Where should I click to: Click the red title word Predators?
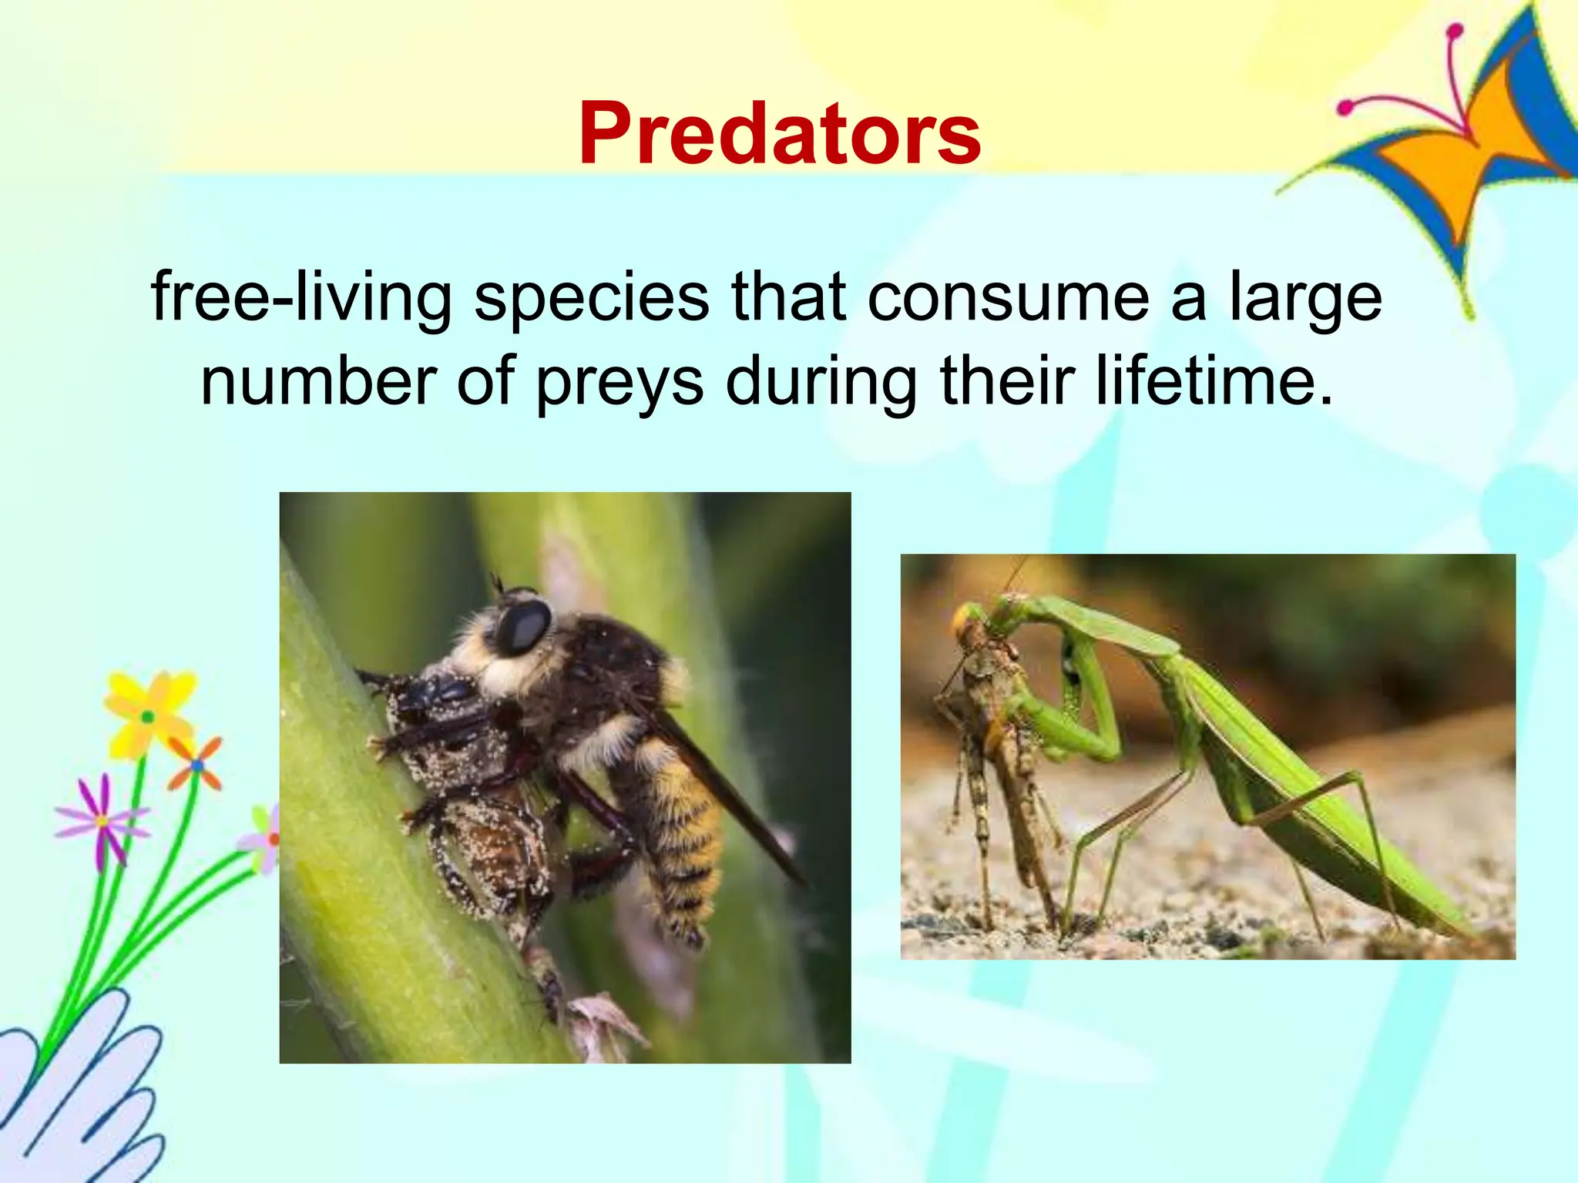pos(780,134)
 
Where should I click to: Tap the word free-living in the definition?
pos(300,297)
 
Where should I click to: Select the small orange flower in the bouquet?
pos(197,765)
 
